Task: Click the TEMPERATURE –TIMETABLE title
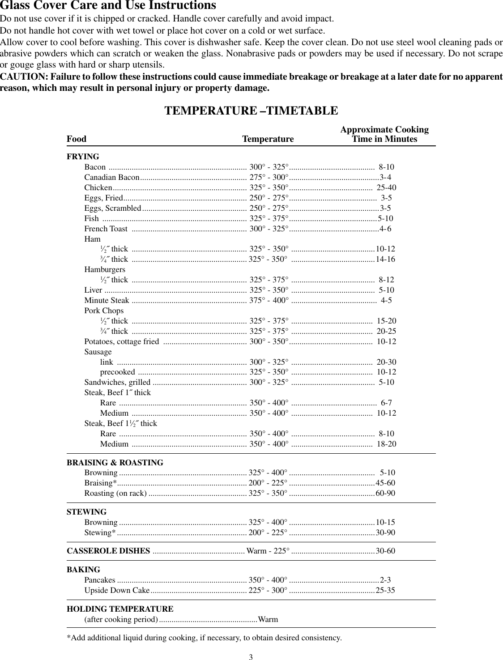(x=251, y=111)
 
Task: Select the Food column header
(x=77, y=139)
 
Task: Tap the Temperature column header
(x=268, y=139)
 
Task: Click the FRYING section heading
(x=83, y=157)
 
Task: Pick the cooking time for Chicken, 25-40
(x=386, y=187)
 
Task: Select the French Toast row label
(x=106, y=229)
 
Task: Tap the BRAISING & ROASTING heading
(x=115, y=463)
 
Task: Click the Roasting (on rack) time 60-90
(x=385, y=493)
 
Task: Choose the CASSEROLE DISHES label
(x=108, y=551)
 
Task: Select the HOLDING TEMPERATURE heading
(x=120, y=609)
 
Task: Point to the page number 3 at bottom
(x=251, y=657)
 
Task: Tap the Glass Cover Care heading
(x=108, y=6)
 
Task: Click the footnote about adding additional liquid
(x=204, y=638)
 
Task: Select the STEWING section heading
(x=86, y=512)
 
